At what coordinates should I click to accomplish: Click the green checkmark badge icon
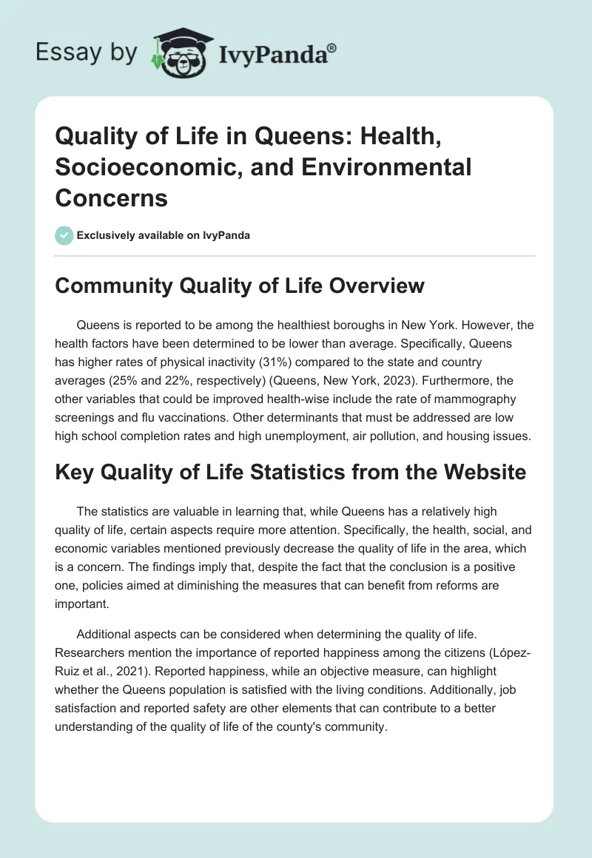[x=64, y=235]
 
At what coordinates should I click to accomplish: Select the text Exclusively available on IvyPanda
[x=163, y=235]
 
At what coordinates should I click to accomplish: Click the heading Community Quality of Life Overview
[x=240, y=287]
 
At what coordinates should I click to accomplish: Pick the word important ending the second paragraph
[x=82, y=604]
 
